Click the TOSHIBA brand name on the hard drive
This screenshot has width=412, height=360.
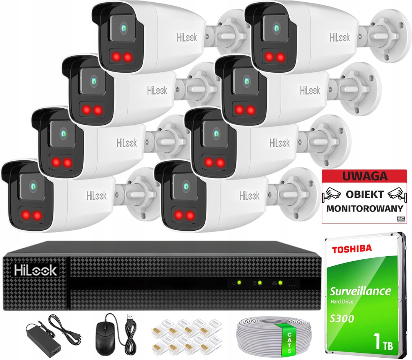(x=352, y=249)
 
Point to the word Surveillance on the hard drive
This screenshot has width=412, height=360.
(x=360, y=291)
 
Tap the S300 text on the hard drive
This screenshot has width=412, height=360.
(x=342, y=318)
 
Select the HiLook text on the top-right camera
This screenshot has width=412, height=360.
(x=339, y=37)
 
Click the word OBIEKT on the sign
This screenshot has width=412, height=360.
(x=364, y=194)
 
